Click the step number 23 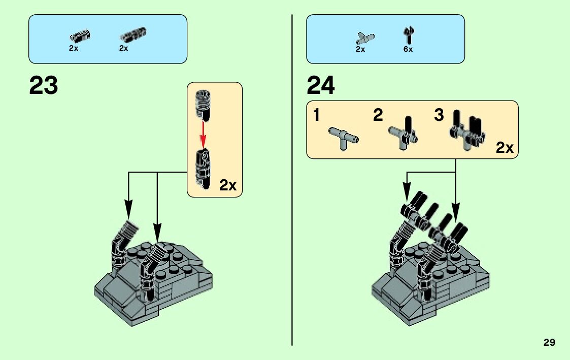tap(43, 85)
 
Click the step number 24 tap(321, 85)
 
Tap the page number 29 tap(549, 342)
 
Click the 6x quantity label tap(408, 49)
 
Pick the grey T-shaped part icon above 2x tap(365, 38)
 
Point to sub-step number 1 tap(316, 115)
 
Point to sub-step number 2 tap(378, 115)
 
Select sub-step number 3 tap(439, 115)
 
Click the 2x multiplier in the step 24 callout tap(505, 148)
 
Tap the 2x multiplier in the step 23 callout tap(227, 185)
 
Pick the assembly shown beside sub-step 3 tap(467, 130)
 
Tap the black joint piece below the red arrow tap(204, 169)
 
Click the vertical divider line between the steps tap(292, 180)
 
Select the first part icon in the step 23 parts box tap(80, 36)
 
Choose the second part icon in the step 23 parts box tap(132, 35)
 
